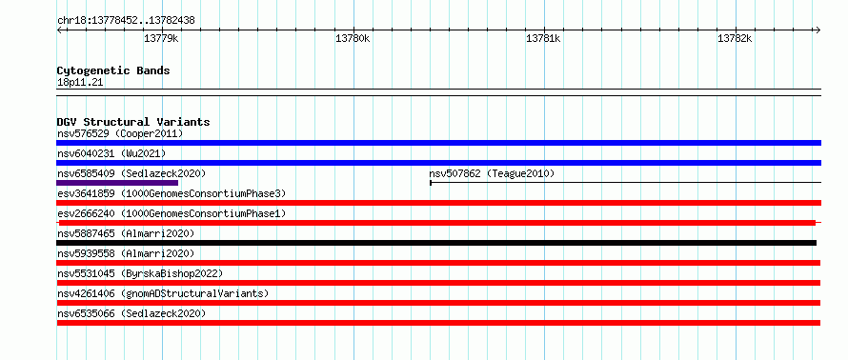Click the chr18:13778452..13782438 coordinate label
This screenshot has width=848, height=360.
tap(126, 21)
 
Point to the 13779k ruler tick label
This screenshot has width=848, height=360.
tap(162, 38)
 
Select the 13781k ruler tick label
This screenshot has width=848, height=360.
tap(543, 38)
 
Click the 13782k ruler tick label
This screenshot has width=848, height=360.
tap(735, 38)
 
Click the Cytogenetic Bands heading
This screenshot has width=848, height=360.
tap(113, 70)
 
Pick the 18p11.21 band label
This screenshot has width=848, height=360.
tap(80, 83)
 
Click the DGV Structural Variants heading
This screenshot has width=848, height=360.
tap(133, 122)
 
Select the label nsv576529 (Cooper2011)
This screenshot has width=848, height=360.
tap(120, 133)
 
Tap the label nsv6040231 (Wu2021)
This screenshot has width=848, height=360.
tap(111, 153)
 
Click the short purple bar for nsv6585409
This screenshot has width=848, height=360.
tap(117, 183)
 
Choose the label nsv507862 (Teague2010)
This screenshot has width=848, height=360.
tap(493, 173)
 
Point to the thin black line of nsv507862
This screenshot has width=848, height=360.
tap(626, 183)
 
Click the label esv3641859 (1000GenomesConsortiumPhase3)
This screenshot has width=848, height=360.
tap(172, 193)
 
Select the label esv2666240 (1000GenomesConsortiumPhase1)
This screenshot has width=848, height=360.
tap(172, 213)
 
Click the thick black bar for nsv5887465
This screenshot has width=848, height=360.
tap(436, 243)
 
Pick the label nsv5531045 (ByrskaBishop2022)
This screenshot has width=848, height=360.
tap(140, 273)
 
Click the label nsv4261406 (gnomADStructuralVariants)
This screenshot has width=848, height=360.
tap(163, 293)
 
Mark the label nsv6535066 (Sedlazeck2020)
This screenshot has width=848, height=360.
tap(131, 313)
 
